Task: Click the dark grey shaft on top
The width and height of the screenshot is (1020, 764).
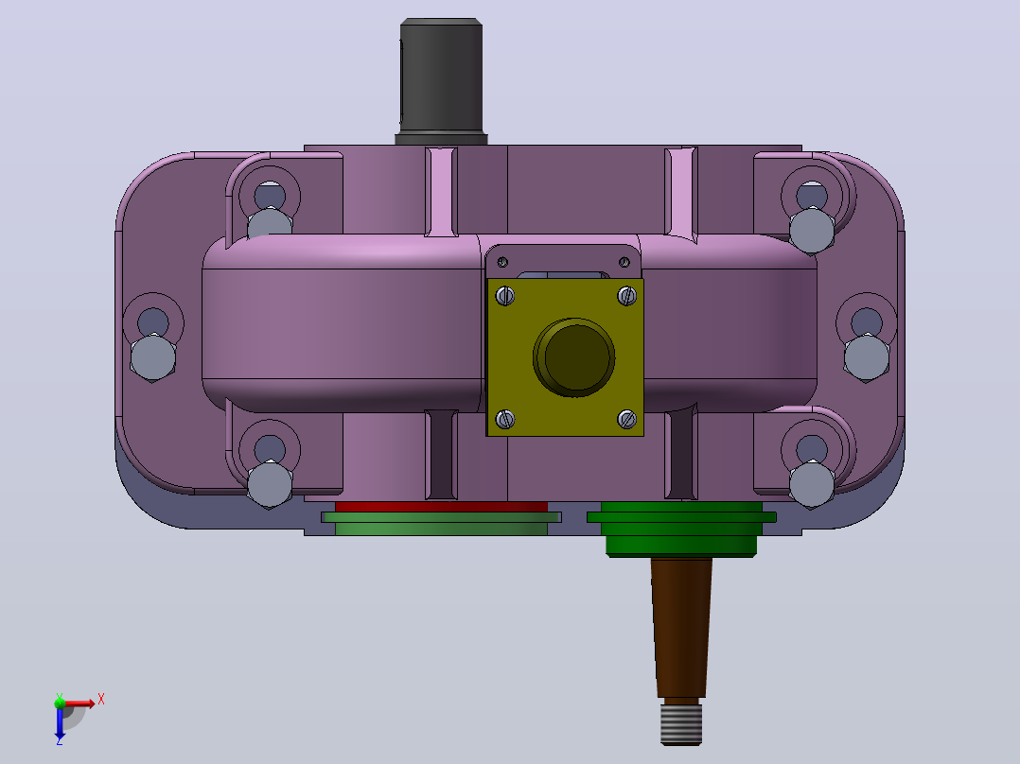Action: point(441,80)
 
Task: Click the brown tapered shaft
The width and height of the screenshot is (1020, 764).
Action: point(681,628)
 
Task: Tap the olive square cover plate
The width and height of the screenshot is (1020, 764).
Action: point(565,357)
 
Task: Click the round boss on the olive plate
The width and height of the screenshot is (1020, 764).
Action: point(573,357)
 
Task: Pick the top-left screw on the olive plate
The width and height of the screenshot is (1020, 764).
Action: point(505,296)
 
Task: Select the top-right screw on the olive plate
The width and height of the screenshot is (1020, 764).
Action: point(626,296)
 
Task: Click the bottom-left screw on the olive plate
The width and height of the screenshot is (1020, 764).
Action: point(505,420)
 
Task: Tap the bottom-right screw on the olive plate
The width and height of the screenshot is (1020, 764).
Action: point(626,420)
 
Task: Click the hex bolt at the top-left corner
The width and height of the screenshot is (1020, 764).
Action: point(270,224)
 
